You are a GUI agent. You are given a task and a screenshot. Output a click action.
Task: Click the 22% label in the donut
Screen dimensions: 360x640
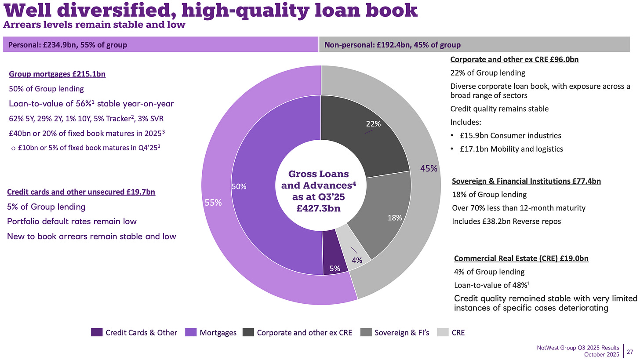(373, 124)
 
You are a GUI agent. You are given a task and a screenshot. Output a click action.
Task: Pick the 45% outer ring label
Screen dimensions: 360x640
(429, 168)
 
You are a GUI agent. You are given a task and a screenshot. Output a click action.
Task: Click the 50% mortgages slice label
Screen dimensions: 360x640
(239, 187)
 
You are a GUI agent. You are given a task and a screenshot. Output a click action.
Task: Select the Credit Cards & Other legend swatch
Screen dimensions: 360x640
(97, 332)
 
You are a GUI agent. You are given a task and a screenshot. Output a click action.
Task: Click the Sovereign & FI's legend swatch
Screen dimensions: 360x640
(366, 332)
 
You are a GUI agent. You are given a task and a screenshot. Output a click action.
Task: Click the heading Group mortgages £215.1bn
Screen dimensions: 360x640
(57, 75)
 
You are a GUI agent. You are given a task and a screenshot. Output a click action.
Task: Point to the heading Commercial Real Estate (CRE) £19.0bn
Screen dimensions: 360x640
(521, 258)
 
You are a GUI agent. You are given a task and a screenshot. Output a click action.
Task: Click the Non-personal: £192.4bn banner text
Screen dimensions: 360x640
(392, 45)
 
